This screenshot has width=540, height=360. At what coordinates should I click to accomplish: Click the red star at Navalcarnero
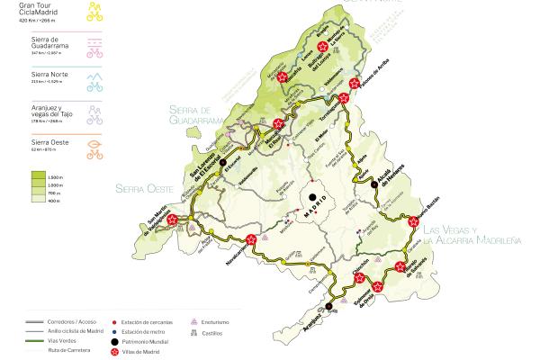pyautogui.click(x=250, y=240)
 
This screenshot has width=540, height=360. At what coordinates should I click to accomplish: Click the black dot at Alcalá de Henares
pyautogui.click(x=373, y=184)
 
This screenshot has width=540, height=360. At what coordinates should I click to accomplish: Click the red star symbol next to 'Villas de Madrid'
pyautogui.click(x=115, y=354)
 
